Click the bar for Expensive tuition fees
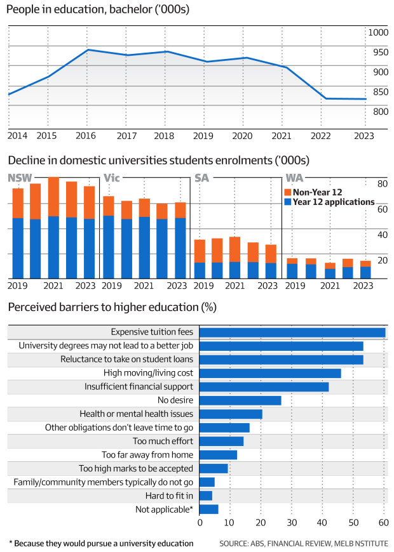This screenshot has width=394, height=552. coord(292,332)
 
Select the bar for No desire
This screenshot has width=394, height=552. coord(240,400)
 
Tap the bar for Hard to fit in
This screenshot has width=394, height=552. coord(206,496)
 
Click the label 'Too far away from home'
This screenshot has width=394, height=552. coord(147,455)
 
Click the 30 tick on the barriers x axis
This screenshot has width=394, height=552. coord(292,522)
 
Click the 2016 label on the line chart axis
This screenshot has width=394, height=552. coord(86,136)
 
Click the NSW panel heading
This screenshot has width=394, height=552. coord(20,178)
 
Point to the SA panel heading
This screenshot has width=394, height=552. coord(202,178)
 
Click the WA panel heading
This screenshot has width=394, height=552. coord(294,178)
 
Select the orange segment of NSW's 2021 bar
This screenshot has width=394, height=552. coord(53,197)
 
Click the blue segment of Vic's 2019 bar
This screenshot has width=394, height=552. coord(109,247)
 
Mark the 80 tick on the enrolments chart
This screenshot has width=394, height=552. coord(383,184)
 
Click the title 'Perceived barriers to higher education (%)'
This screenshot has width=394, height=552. coord(112,308)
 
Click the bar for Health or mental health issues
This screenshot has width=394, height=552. coord(231,414)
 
